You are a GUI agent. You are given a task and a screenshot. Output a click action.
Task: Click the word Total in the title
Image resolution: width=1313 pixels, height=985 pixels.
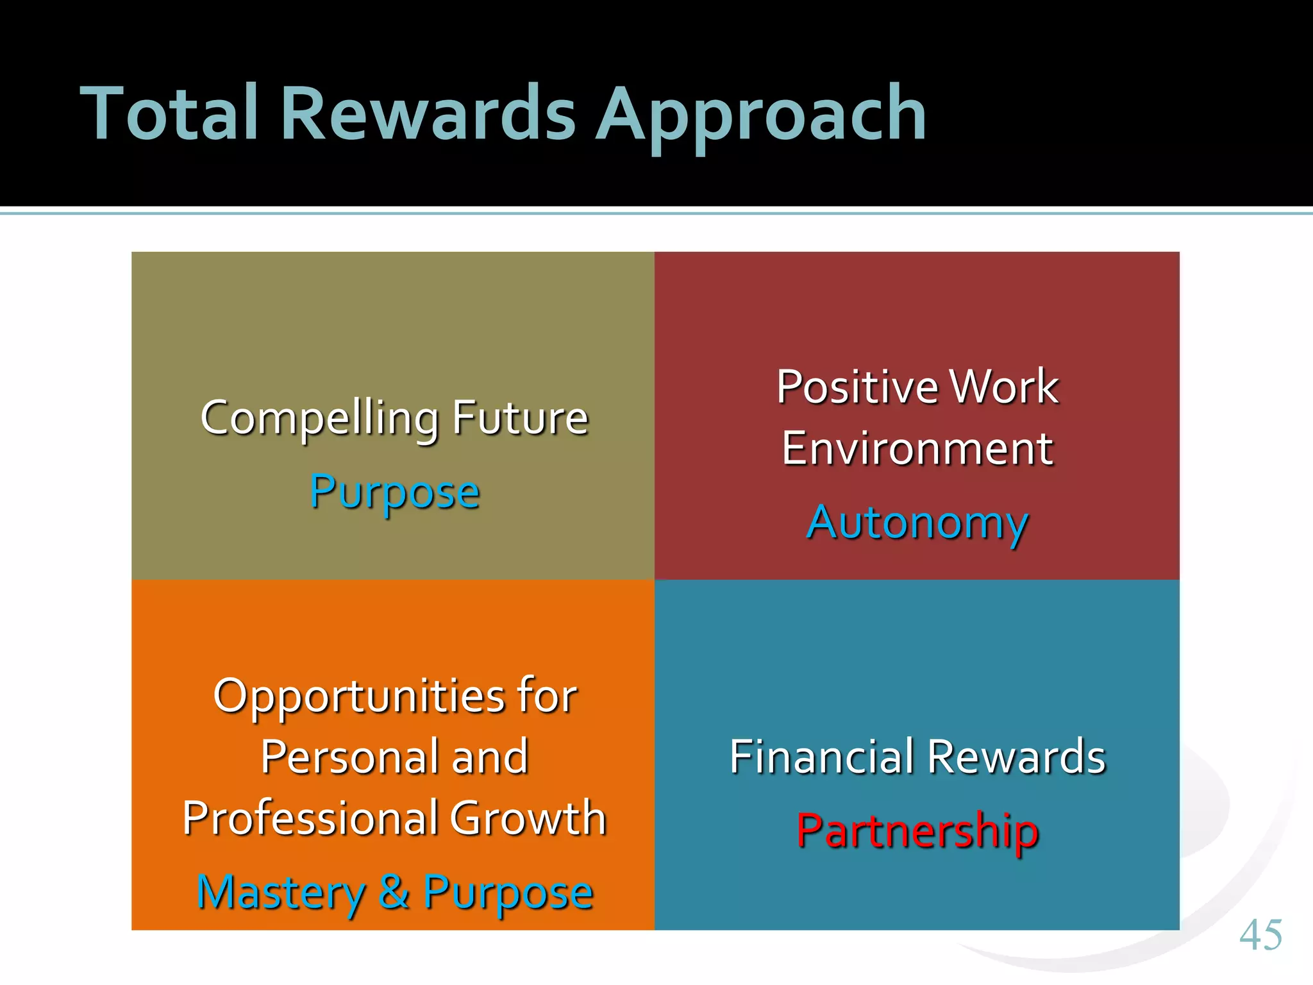(x=169, y=114)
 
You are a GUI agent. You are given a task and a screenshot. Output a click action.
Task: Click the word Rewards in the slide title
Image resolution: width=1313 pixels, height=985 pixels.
(x=428, y=114)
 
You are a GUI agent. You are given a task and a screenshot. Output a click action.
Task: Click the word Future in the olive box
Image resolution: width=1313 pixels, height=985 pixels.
(x=520, y=417)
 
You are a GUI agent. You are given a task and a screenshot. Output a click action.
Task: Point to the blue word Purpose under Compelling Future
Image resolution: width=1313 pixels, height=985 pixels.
(x=394, y=492)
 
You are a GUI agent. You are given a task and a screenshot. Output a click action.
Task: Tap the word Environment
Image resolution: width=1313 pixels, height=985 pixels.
(x=917, y=448)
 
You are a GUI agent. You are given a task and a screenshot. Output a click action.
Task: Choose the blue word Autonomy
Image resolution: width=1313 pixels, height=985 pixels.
(x=917, y=523)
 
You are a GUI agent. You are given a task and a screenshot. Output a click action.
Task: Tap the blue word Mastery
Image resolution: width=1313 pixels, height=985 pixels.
(x=281, y=893)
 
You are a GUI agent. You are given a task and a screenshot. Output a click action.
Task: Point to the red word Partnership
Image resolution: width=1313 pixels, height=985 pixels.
(x=917, y=831)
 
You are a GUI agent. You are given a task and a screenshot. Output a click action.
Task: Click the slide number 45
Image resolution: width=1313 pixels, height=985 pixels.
(x=1260, y=935)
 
